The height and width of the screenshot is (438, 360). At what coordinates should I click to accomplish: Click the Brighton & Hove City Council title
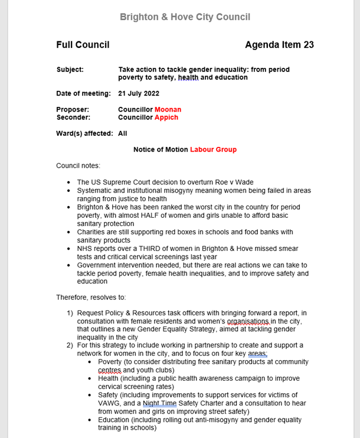click(x=185, y=17)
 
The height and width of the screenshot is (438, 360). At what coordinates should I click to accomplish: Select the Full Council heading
click(x=83, y=45)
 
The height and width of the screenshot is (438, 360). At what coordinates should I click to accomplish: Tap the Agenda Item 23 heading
click(x=279, y=45)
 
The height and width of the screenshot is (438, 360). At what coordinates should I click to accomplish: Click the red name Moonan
click(x=168, y=109)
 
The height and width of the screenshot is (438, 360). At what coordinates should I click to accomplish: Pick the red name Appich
click(x=166, y=117)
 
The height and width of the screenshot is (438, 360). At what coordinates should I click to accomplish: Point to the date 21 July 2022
click(x=138, y=93)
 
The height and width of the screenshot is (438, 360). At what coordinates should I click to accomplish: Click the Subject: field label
click(x=70, y=69)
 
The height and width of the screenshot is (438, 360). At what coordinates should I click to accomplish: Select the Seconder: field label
click(x=73, y=117)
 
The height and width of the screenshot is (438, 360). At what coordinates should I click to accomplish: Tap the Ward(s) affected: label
click(x=84, y=133)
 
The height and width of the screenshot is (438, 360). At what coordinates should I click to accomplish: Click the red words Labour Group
click(x=213, y=149)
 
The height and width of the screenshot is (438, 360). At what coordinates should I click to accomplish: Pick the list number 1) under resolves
click(x=70, y=312)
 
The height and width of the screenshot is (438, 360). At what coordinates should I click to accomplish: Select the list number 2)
click(x=70, y=345)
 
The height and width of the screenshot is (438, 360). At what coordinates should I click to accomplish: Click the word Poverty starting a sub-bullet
click(x=110, y=362)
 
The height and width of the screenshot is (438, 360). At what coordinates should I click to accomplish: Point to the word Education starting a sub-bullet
click(x=116, y=420)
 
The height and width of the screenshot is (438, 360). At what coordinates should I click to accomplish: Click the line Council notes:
click(x=78, y=165)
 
